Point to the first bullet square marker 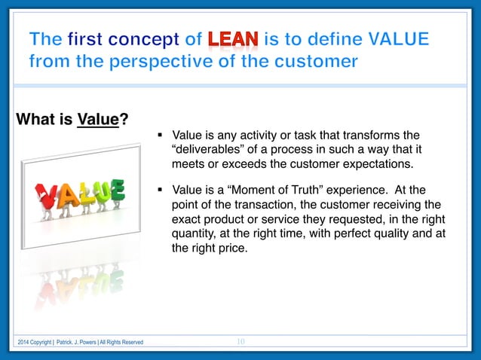(161, 136)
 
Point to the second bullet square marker (161, 190)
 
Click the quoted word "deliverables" (211, 149)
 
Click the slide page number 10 (240, 342)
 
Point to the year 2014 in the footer (26, 343)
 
